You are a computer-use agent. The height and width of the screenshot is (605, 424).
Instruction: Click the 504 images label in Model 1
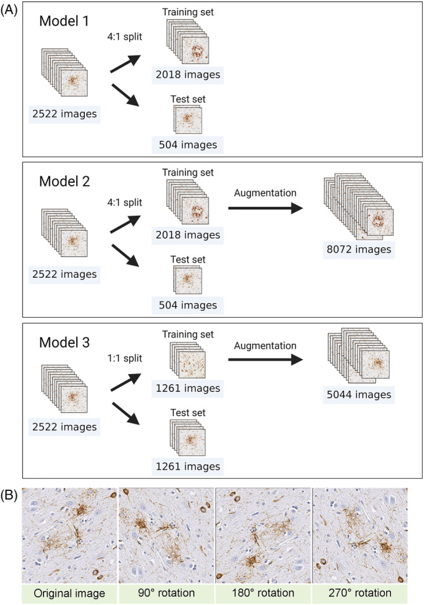click(x=188, y=145)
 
